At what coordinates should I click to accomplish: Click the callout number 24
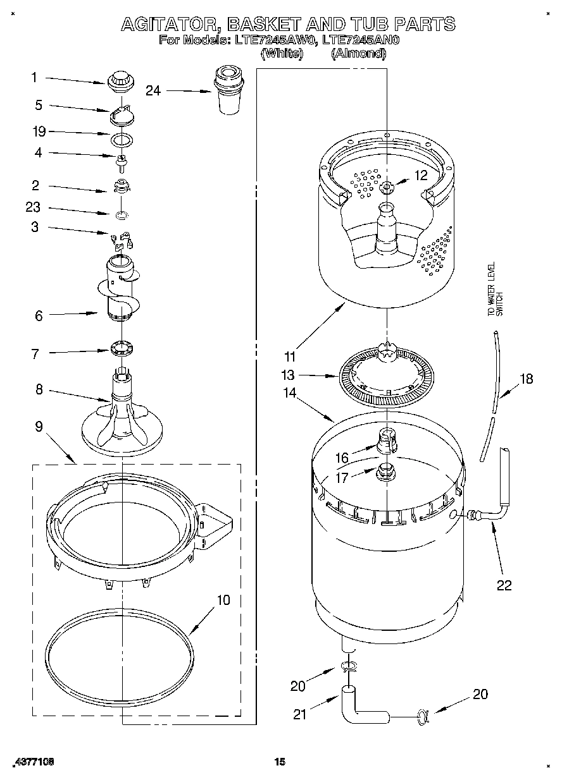tap(153, 90)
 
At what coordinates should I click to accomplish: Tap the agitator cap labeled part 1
tap(118, 80)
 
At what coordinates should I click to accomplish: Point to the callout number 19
tap(39, 131)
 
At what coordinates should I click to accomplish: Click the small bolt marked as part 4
tap(119, 159)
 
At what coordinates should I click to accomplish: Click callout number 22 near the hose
tap(504, 585)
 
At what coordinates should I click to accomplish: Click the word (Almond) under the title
tap(358, 54)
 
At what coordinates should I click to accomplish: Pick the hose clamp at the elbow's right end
tap(422, 716)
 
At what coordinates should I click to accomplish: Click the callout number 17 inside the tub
tap(342, 478)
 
